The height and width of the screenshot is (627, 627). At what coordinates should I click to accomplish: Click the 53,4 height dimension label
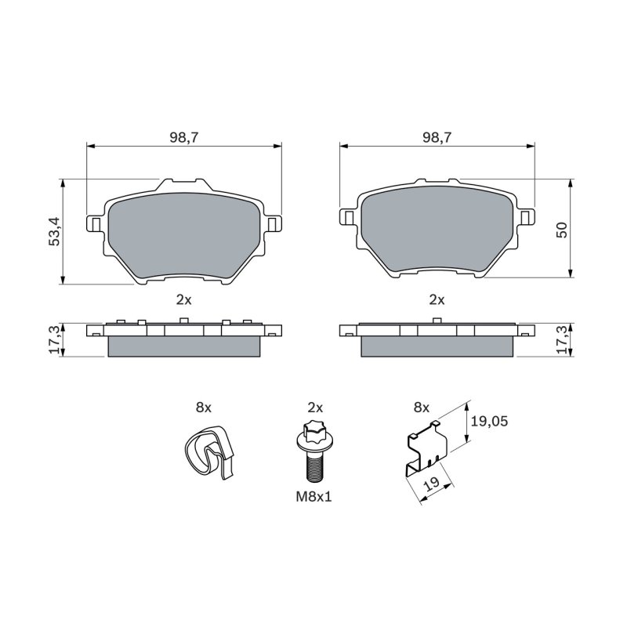tap(54, 231)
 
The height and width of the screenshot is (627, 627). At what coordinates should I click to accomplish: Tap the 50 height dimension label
tap(562, 230)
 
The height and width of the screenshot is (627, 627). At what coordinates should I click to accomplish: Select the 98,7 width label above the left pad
tap(184, 138)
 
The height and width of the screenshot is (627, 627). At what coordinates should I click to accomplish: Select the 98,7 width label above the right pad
tap(437, 138)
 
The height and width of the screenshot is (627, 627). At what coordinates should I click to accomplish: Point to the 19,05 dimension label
tap(489, 421)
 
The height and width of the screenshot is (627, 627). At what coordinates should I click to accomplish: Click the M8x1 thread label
tap(314, 497)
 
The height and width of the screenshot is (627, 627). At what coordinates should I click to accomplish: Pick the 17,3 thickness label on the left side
tap(54, 340)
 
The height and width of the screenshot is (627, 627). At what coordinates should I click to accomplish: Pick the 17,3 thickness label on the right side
tap(562, 340)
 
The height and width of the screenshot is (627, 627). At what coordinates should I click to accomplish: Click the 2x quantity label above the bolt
tap(315, 408)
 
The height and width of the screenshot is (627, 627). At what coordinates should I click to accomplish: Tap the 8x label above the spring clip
tap(204, 408)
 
